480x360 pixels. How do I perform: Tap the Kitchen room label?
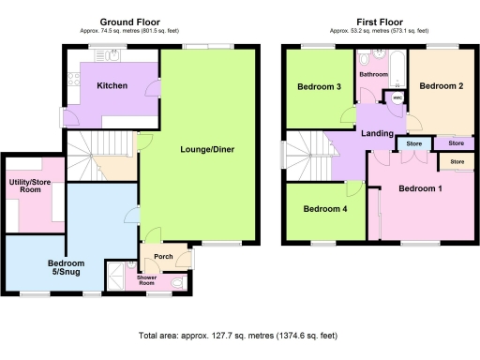[x=112, y=85]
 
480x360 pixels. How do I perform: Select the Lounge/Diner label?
[x=206, y=149]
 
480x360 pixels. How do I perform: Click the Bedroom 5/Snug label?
[x=66, y=268]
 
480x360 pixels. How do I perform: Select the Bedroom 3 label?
[x=319, y=88]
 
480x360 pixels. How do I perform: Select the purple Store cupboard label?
[x=456, y=143]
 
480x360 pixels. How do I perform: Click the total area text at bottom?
[x=241, y=335]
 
